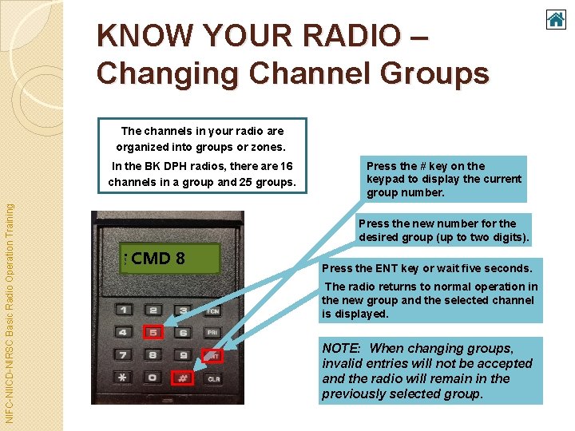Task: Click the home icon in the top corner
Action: click(556, 19)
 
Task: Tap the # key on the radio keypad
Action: click(182, 379)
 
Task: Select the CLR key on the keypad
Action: click(214, 379)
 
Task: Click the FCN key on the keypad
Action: click(213, 310)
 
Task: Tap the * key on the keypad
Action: click(123, 378)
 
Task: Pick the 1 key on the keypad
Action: click(124, 310)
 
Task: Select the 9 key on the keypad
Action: click(183, 355)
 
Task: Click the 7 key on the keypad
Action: click(124, 355)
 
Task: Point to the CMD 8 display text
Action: click(158, 259)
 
